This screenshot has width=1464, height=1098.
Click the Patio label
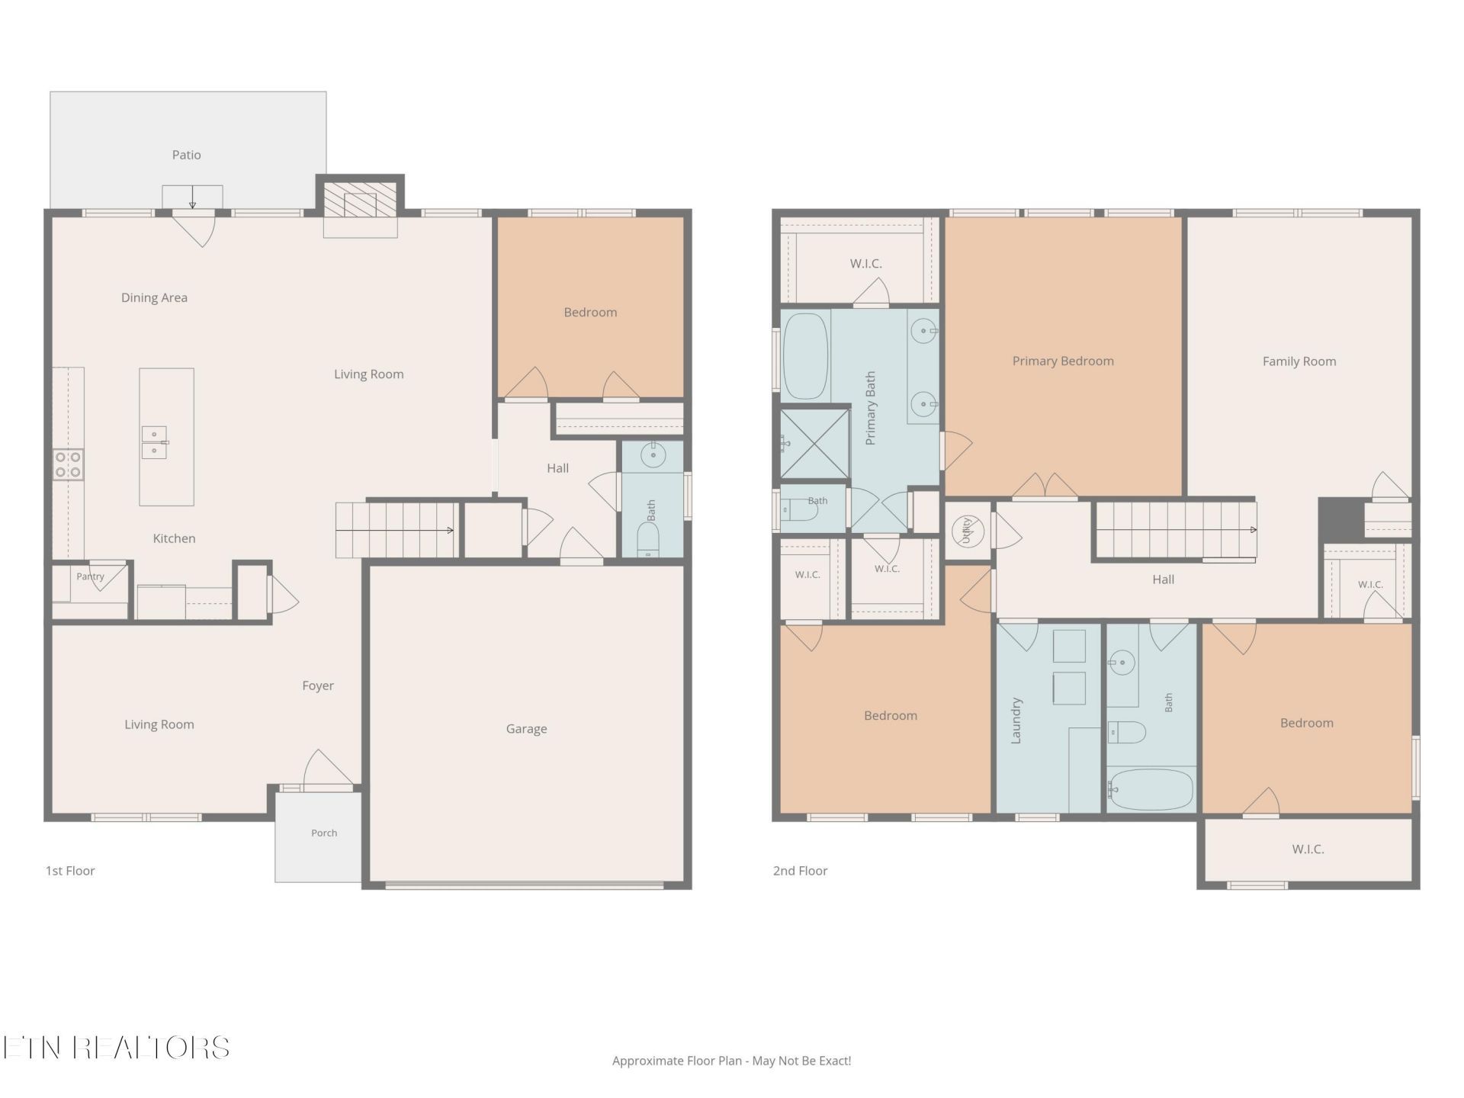pos(186,155)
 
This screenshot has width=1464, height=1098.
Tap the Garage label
pos(526,729)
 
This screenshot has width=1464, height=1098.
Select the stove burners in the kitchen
pos(68,464)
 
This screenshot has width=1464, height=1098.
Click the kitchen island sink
pos(154,442)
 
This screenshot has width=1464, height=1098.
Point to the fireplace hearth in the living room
pos(360,205)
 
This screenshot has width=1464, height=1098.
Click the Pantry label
pos(90,576)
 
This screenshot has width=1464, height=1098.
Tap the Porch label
pos(324,833)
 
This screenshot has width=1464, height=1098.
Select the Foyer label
pos(318,685)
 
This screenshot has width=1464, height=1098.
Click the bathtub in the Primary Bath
pos(806,355)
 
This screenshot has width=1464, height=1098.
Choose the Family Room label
pos(1299,361)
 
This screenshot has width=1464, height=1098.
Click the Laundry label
pos(1016,720)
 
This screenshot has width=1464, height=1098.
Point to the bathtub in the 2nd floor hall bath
pos(1151,789)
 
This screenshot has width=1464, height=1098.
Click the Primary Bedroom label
pos(1063,361)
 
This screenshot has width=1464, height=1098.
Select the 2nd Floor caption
pos(800,871)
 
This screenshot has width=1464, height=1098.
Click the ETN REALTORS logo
pos(116,1048)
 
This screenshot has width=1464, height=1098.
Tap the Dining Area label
pos(154,298)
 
